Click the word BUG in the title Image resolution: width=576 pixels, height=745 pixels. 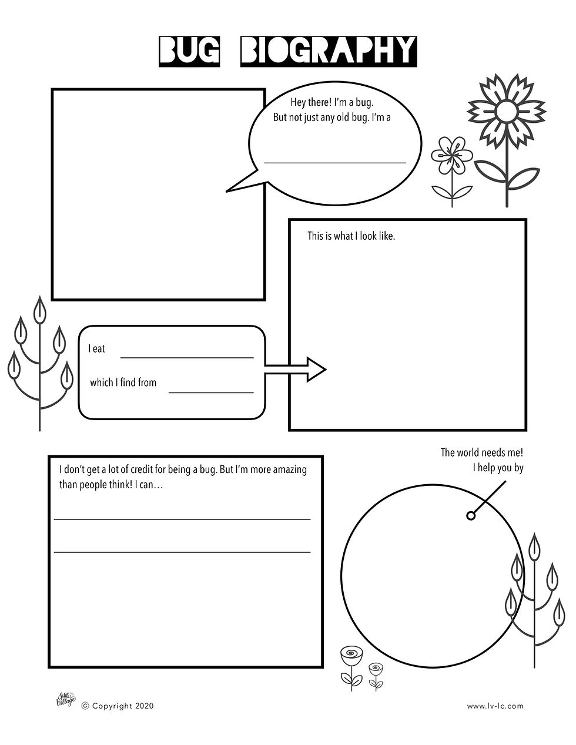[189, 51]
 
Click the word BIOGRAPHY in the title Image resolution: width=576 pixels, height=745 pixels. [329, 51]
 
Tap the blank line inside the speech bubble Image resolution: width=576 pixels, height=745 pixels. [335, 163]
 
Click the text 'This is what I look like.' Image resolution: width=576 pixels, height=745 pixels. [351, 236]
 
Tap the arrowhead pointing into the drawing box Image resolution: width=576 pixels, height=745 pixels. [316, 369]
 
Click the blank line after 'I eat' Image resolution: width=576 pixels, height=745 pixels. [187, 358]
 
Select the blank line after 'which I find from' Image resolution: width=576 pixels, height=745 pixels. [211, 392]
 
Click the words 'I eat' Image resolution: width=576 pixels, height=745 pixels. [96, 349]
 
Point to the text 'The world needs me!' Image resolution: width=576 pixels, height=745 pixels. [482, 452]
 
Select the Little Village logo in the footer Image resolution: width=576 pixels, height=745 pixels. [66, 699]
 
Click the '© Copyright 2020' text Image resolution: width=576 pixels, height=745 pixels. [118, 706]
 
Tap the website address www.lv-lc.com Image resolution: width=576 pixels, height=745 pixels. [495, 706]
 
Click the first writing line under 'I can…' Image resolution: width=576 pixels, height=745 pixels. [182, 519]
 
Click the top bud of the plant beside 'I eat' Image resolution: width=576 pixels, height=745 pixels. [40, 309]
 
